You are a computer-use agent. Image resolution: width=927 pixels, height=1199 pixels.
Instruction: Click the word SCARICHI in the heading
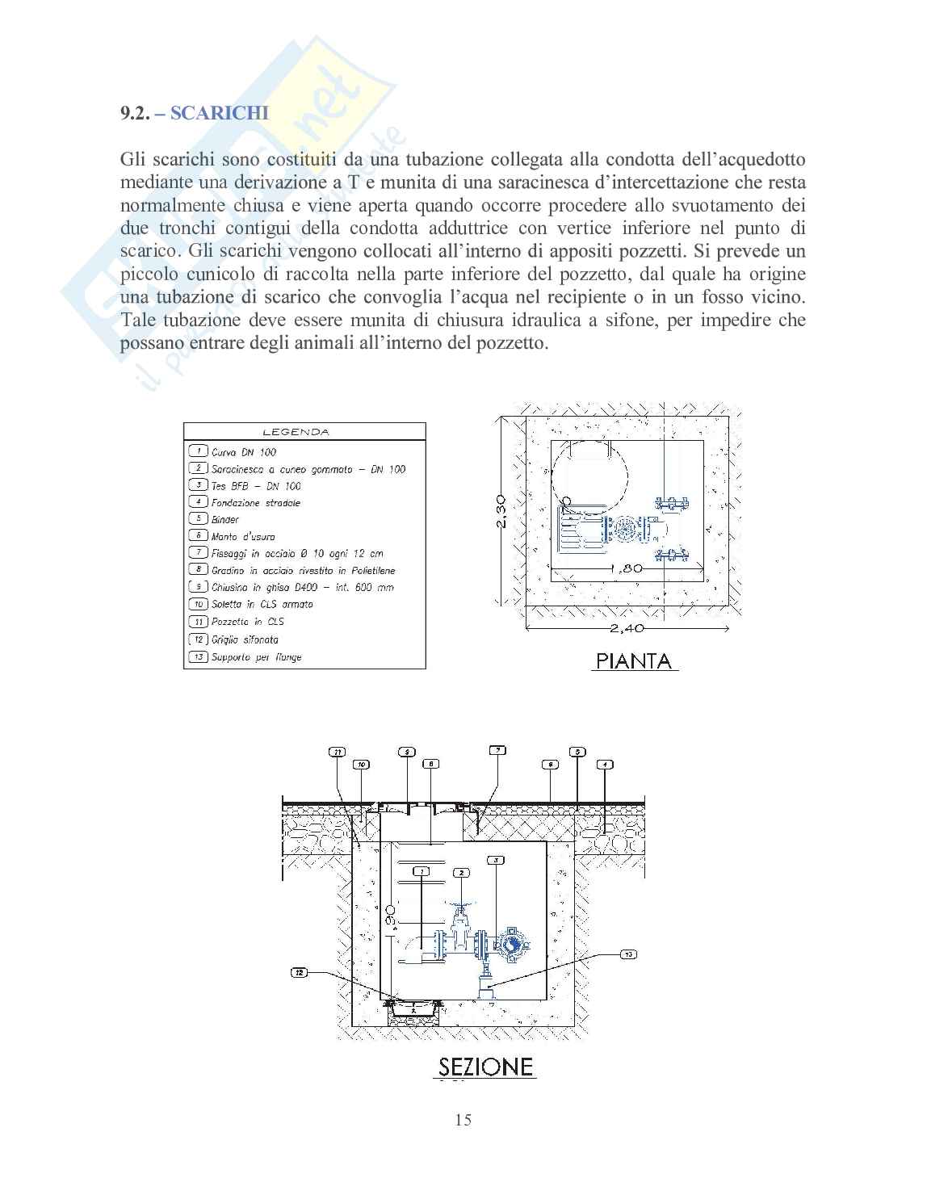[220, 112]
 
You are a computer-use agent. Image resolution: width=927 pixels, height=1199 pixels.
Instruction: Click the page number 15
[463, 1119]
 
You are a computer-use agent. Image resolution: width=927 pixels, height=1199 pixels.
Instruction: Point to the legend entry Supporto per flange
[256, 657]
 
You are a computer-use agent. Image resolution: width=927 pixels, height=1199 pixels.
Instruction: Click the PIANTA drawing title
[634, 661]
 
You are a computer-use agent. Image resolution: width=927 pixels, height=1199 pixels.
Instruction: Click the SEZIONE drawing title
[487, 1067]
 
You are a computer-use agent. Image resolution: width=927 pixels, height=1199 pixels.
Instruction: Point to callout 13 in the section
[627, 954]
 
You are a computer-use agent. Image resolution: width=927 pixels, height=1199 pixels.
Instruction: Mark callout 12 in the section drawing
[300, 974]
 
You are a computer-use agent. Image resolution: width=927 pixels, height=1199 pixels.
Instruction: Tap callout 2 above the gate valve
[460, 873]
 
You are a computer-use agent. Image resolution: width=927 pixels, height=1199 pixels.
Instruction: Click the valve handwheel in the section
[461, 908]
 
